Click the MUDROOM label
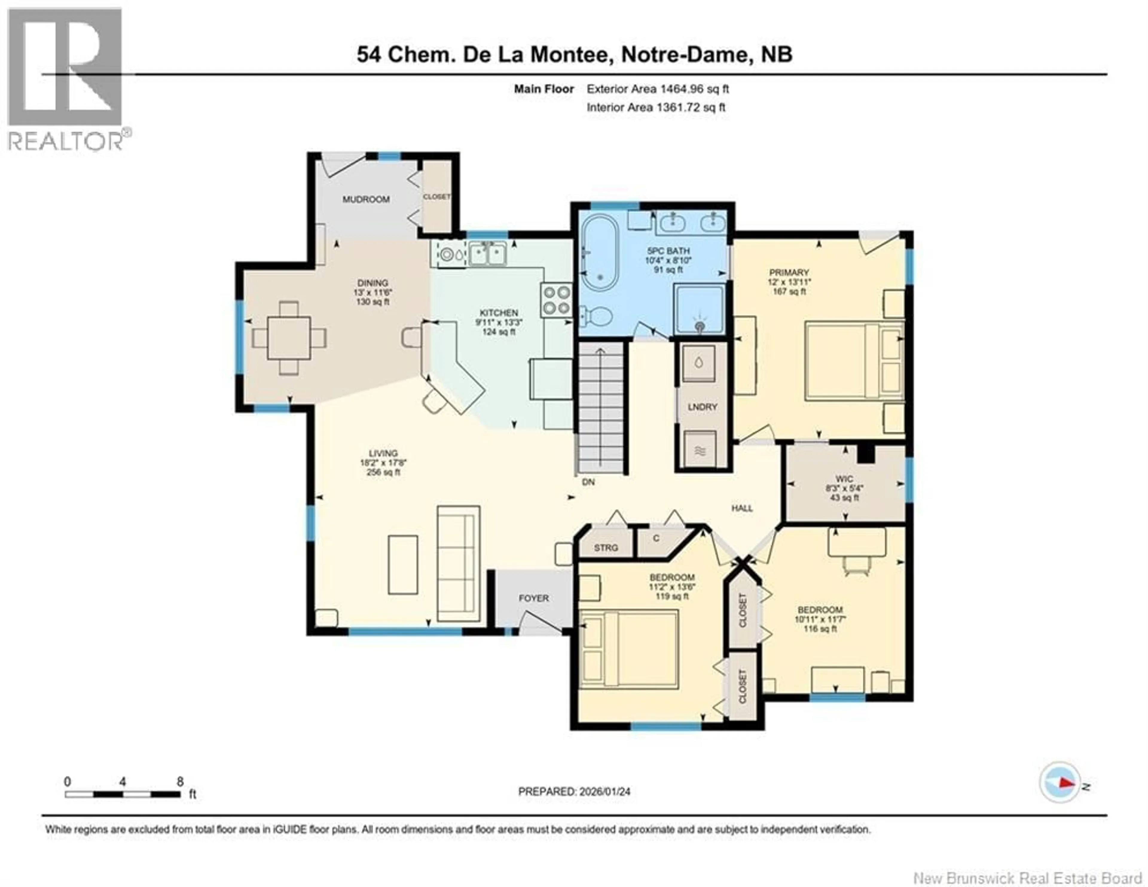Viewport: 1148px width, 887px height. point(366,199)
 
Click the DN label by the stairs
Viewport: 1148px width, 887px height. point(588,482)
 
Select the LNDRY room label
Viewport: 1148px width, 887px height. point(702,407)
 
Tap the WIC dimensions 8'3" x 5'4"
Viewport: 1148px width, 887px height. point(844,488)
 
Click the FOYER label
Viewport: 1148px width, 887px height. point(534,598)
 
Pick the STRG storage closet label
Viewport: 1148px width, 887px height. point(605,548)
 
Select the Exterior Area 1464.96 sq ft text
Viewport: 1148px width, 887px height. point(658,89)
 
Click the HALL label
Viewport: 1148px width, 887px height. point(742,508)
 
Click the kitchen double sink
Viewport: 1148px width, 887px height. point(488,255)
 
